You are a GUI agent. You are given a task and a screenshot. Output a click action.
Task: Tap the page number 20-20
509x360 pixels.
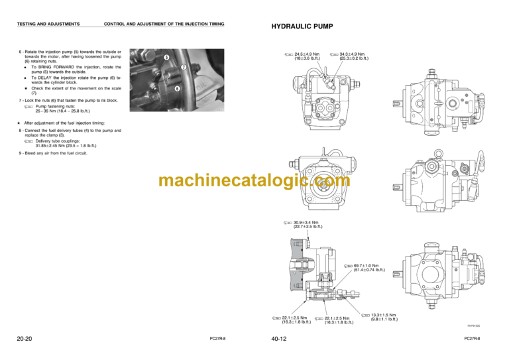[25, 339]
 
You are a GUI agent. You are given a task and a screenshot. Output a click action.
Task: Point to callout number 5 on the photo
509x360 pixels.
[166, 58]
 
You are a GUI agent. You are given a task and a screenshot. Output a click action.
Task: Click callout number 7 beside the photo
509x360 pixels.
[183, 68]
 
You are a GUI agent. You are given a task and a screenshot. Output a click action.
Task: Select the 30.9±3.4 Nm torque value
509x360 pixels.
[306, 222]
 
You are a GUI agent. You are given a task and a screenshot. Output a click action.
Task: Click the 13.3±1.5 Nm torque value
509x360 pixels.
[384, 315]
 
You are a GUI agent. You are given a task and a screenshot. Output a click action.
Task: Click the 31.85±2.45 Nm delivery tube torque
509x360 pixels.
[55, 145]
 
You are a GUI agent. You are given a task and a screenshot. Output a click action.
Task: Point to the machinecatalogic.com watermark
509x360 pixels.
[254, 180]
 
